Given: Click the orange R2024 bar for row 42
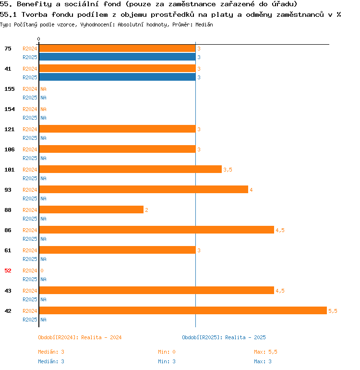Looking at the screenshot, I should (182, 310).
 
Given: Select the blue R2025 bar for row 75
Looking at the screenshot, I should (117, 57).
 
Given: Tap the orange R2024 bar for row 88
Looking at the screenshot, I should (91, 210).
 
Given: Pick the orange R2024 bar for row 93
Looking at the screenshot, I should (144, 189).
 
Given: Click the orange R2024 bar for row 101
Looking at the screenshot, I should (130, 169).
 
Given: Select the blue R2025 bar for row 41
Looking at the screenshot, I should (117, 77).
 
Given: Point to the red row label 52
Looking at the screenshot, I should (8, 271).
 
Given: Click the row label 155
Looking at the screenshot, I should (9, 89).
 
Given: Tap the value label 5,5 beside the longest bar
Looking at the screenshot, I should (333, 311).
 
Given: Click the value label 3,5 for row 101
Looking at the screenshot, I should (228, 170).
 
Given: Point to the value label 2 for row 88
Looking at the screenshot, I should (146, 210).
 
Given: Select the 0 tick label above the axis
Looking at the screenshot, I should (39, 39).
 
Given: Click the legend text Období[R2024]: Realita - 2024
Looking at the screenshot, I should (80, 337).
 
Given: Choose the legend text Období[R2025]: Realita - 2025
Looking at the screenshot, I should (224, 337).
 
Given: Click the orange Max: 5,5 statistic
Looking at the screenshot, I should (265, 352).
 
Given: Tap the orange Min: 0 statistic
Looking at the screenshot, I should (167, 352).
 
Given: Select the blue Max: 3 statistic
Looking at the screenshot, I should (263, 361).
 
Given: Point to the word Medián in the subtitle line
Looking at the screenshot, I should (204, 24).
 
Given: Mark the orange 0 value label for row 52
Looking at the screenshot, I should (42, 271).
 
